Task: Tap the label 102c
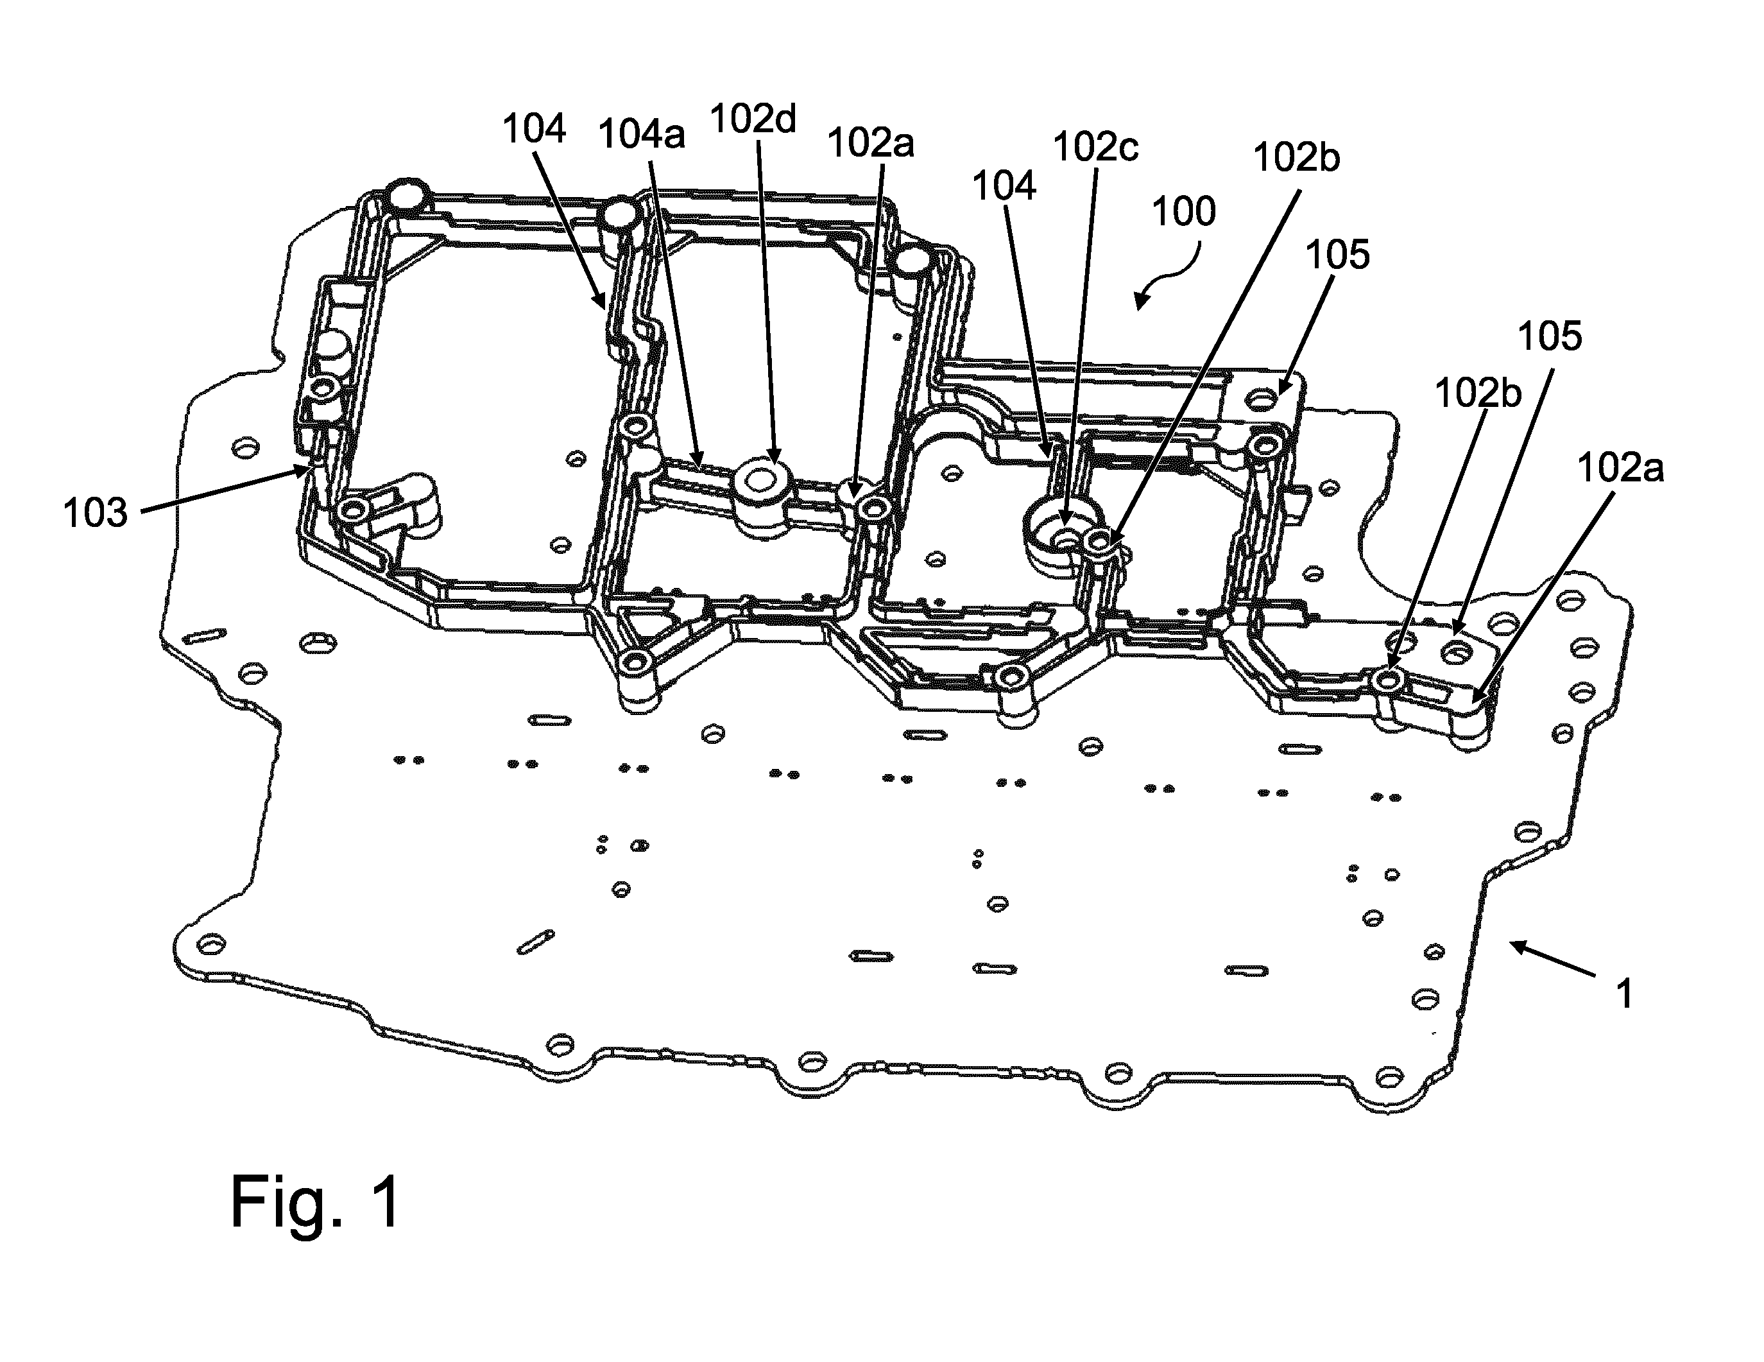tap(1096, 147)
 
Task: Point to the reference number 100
tap(1183, 212)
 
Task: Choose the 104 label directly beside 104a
tap(534, 128)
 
